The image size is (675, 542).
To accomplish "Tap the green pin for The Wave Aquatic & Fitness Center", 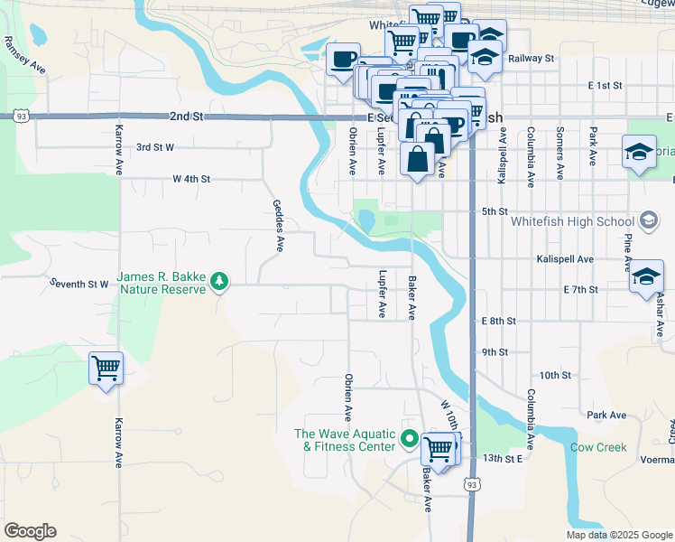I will click(409, 440).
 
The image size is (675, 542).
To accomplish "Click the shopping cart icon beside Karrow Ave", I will click(106, 369).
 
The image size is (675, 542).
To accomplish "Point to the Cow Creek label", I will click(598, 447).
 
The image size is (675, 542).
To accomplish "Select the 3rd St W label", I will click(154, 146).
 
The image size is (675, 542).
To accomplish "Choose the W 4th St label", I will click(191, 179).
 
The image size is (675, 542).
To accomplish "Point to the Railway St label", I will click(530, 58).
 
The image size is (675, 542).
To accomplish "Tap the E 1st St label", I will click(605, 85).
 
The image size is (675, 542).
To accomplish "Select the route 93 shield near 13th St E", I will click(471, 485).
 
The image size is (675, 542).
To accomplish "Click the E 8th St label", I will click(499, 321).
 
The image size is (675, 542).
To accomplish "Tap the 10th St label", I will click(555, 374).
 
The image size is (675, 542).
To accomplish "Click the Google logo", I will click(30, 531).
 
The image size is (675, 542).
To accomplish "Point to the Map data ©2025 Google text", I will click(619, 535).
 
